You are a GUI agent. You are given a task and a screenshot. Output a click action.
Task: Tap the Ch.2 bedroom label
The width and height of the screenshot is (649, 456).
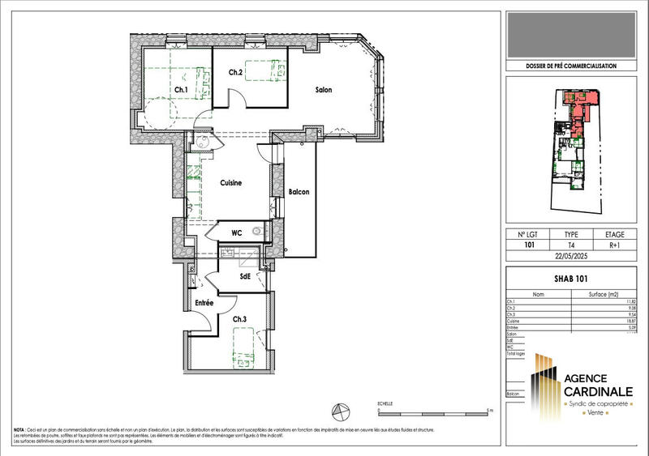click(x=235, y=73)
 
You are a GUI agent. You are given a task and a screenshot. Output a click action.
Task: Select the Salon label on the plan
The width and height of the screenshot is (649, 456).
click(x=324, y=90)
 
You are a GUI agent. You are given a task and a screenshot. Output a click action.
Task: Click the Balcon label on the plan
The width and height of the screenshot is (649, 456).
click(x=299, y=192)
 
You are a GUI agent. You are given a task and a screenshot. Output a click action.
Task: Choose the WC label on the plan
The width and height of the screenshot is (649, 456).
click(x=237, y=233)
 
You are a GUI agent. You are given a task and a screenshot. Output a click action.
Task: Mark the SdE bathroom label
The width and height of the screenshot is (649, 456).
click(x=244, y=276)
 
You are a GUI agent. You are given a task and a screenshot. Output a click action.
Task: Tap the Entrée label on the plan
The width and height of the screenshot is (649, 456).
click(x=202, y=303)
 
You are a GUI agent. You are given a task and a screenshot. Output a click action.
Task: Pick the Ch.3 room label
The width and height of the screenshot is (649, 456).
click(x=240, y=319)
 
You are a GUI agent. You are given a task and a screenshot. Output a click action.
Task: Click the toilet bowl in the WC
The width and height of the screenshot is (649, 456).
click(x=258, y=232)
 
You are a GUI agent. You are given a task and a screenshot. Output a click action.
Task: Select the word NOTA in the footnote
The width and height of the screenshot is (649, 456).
click(x=19, y=430)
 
